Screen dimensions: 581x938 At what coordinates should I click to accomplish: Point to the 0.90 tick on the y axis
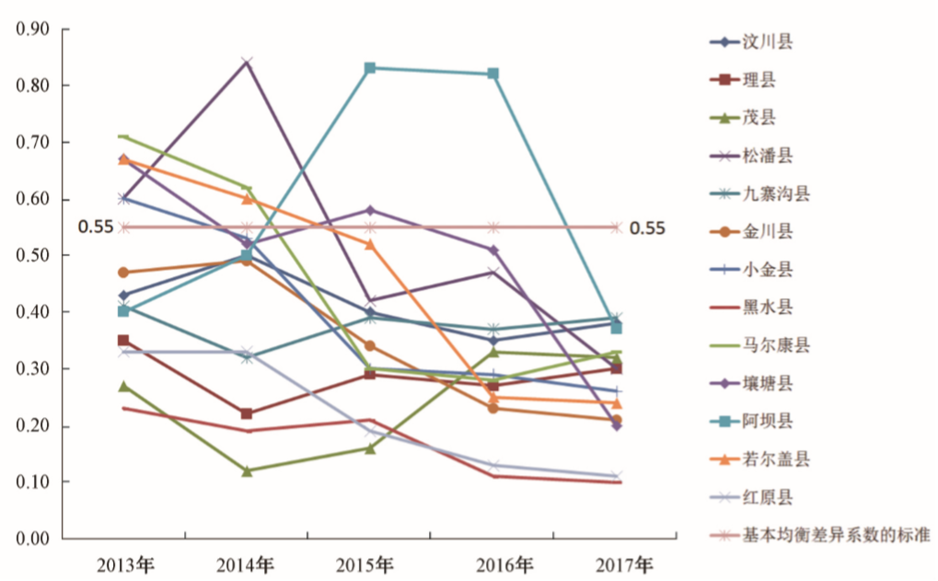32,29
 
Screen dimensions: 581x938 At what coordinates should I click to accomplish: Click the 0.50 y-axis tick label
32,256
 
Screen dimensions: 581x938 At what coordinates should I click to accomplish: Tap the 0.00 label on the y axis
32,540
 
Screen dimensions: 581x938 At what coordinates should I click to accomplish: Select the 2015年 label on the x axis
369,564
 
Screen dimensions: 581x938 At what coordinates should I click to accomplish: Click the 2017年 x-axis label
618,564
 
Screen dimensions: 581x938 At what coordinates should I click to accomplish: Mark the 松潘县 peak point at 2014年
247,63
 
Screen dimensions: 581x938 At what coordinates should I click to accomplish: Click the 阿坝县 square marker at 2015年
369,68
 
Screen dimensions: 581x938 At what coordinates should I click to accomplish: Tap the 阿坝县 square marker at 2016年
493,74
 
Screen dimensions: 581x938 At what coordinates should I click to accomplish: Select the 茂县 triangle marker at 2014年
247,471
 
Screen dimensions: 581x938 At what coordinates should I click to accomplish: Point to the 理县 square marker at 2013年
123,341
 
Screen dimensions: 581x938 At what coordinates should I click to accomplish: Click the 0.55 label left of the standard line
95,227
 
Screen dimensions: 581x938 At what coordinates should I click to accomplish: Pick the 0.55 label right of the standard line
647,228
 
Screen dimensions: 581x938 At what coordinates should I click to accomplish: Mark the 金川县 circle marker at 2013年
123,273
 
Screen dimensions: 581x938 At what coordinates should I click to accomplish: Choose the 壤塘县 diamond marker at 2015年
369,210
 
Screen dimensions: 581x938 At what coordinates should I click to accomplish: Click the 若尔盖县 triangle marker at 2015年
369,244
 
